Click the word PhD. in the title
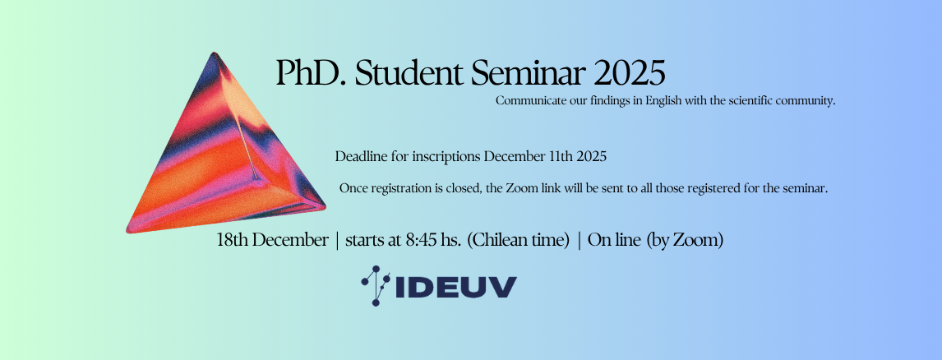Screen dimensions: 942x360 point(312,73)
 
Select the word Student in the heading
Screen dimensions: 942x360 point(409,73)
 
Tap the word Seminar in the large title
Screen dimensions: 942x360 point(528,73)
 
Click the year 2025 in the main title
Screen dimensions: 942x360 point(630,73)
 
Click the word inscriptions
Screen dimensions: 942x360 point(446,158)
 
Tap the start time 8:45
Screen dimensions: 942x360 point(421,240)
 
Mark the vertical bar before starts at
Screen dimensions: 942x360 point(337,241)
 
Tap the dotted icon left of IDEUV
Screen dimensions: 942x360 point(376,286)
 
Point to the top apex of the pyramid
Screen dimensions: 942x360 point(213,53)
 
